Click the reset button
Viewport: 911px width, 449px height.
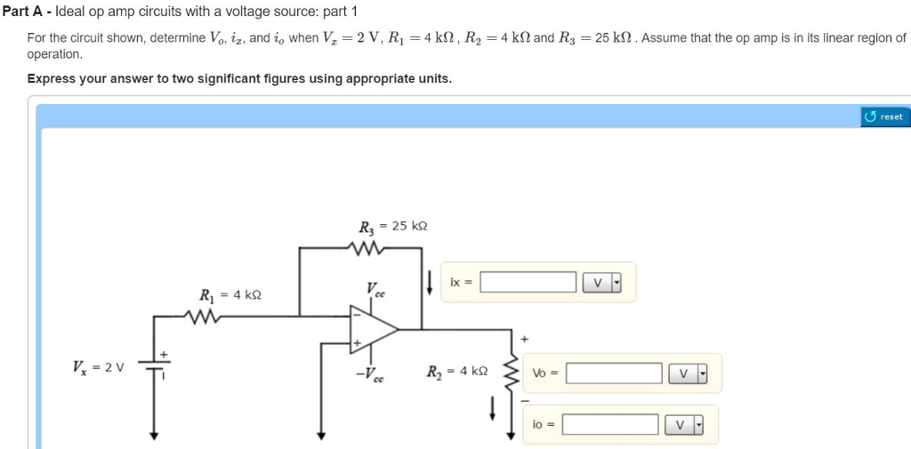point(885,116)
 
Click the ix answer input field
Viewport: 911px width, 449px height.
point(528,283)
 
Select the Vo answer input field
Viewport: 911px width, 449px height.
point(614,373)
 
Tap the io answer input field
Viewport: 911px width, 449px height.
point(609,425)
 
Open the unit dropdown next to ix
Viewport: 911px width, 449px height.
point(602,283)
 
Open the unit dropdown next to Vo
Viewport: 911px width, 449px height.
point(688,373)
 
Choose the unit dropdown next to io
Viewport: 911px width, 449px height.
point(683,425)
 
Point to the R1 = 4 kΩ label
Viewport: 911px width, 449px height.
point(230,294)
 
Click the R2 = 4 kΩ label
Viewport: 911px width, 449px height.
point(457,371)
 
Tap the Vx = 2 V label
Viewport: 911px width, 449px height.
point(100,366)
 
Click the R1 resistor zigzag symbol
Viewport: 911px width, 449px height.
point(205,316)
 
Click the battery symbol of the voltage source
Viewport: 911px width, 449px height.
point(155,366)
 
